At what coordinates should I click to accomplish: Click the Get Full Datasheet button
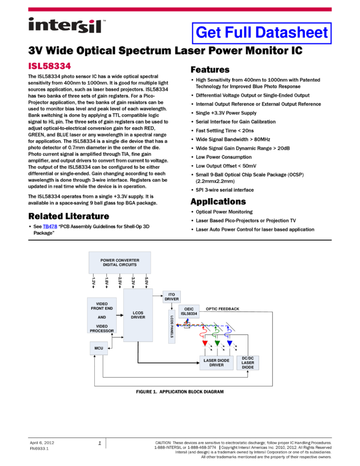(x=262, y=33)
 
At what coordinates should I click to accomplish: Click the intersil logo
(x=67, y=26)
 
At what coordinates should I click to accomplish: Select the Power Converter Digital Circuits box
(x=119, y=262)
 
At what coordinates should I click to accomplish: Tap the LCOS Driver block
(x=138, y=315)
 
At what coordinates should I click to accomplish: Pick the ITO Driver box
(x=172, y=297)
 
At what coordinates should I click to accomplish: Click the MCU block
(x=99, y=348)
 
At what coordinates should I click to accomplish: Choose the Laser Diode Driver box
(x=216, y=362)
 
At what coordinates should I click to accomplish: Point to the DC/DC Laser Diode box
(x=248, y=362)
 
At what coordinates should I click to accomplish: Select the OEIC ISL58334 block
(x=189, y=311)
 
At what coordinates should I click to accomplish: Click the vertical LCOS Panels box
(x=172, y=327)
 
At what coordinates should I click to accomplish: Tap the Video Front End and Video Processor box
(x=102, y=317)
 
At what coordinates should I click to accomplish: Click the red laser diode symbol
(x=205, y=344)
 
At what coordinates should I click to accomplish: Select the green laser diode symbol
(x=218, y=344)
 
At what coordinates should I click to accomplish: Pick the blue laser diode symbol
(x=230, y=344)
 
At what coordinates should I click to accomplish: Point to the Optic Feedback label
(x=222, y=309)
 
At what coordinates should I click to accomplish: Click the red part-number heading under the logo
(x=49, y=66)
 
